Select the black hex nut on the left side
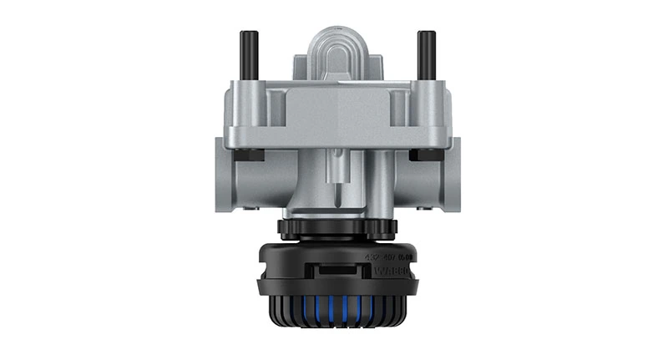pyautogui.click(x=248, y=155)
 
